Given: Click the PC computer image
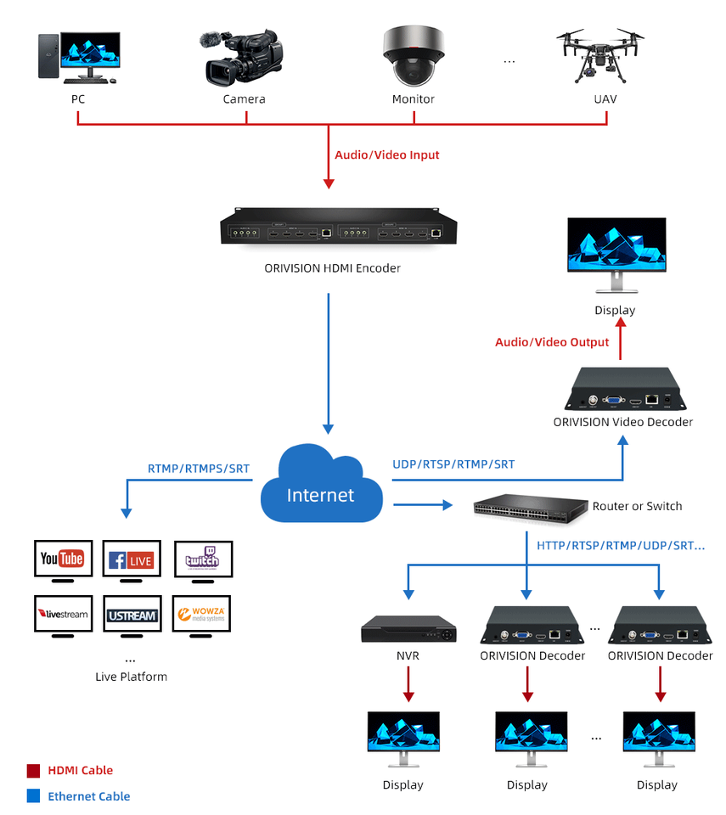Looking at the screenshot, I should click(x=78, y=57).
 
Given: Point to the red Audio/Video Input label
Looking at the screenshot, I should click(x=386, y=155).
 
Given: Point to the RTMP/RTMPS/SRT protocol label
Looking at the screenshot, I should click(x=200, y=469).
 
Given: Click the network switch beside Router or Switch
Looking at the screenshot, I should click(x=531, y=507).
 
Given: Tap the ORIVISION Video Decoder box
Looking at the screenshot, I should click(x=622, y=389).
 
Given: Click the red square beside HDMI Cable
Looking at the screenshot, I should click(x=33, y=771).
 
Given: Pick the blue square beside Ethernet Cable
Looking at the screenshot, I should click(x=33, y=796).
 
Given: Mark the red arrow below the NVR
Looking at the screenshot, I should click(x=408, y=684).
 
